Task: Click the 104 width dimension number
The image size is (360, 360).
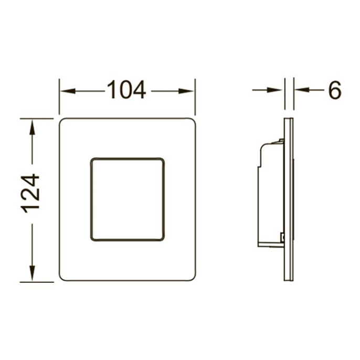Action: pyautogui.click(x=126, y=90)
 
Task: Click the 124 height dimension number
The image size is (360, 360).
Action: pyautogui.click(x=30, y=194)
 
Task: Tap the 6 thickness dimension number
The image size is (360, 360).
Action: pyautogui.click(x=335, y=90)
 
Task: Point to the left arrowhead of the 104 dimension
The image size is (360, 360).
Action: pyautogui.click(x=68, y=91)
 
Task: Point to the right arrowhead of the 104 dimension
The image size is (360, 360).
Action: pyautogui.click(x=186, y=91)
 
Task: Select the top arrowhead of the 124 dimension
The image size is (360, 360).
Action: pyautogui.click(x=32, y=128)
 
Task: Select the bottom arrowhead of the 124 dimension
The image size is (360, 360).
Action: pyautogui.click(x=32, y=273)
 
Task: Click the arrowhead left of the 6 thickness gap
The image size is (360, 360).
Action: pyautogui.click(x=274, y=90)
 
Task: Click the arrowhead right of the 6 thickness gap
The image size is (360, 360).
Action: pyautogui.click(x=303, y=90)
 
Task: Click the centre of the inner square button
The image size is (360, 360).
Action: pyautogui.click(x=128, y=199)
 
